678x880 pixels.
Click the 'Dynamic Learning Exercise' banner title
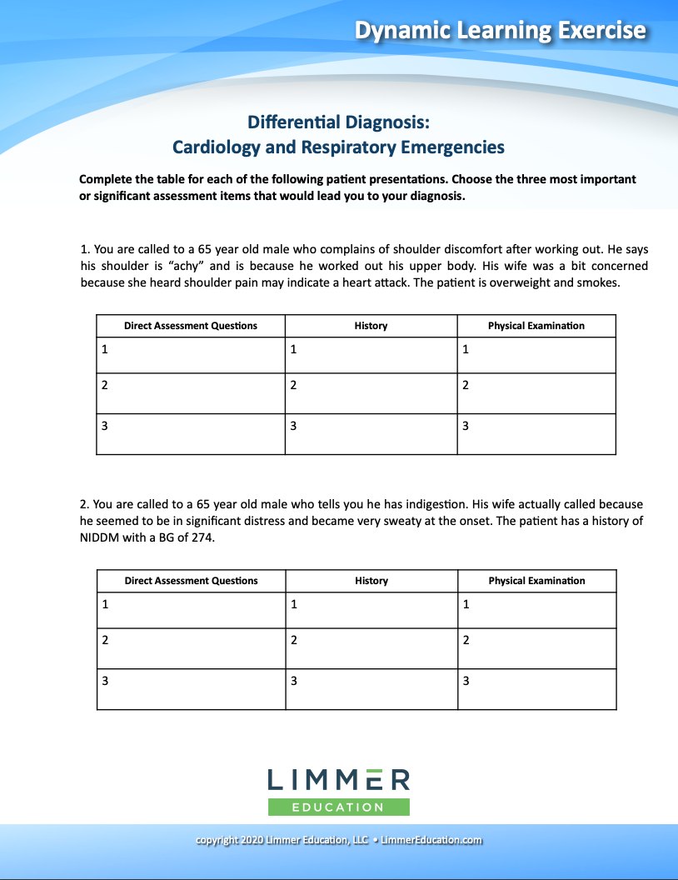[x=500, y=31]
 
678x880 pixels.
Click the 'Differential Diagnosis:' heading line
[x=338, y=122]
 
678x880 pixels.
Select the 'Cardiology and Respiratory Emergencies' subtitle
[x=338, y=147]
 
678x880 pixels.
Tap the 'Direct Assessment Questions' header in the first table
[x=191, y=326]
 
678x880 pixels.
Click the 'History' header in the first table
[x=371, y=326]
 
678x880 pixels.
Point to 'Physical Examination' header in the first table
[x=536, y=326]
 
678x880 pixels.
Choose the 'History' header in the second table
[x=371, y=581]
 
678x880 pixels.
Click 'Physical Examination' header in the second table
[x=536, y=581]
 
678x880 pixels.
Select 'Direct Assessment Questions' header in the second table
[x=191, y=581]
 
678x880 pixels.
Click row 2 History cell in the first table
[x=371, y=393]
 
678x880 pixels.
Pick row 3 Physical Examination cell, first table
[x=536, y=434]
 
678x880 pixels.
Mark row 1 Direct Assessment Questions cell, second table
[x=191, y=610]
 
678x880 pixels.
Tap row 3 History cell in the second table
[x=371, y=689]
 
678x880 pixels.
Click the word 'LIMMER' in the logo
[x=338, y=780]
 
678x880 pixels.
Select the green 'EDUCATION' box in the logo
[x=338, y=807]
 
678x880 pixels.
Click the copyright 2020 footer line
[x=338, y=840]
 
